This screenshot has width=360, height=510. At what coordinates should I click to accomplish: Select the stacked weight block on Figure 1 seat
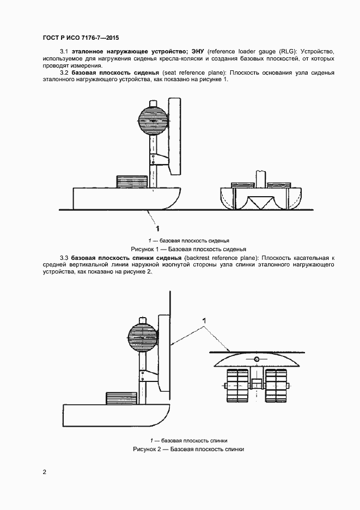pyautogui.click(x=132, y=181)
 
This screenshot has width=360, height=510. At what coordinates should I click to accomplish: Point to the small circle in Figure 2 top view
pyautogui.click(x=257, y=359)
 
